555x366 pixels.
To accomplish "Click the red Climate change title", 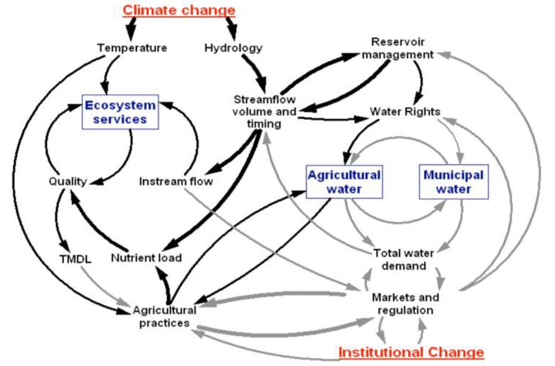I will (179, 10).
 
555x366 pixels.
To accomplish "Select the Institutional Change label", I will (411, 352).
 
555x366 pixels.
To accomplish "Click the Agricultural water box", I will (344, 182).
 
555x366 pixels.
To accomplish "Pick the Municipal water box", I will (453, 182).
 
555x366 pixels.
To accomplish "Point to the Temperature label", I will (132, 48).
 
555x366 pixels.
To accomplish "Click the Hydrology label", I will (233, 48).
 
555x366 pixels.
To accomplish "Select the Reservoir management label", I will (402, 48).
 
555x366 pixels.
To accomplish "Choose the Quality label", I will (68, 181).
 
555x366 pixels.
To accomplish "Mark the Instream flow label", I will (176, 181).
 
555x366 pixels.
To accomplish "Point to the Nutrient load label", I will (146, 258).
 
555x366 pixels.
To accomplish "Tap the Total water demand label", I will (404, 259).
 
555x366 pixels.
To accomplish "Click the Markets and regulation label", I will (405, 303).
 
